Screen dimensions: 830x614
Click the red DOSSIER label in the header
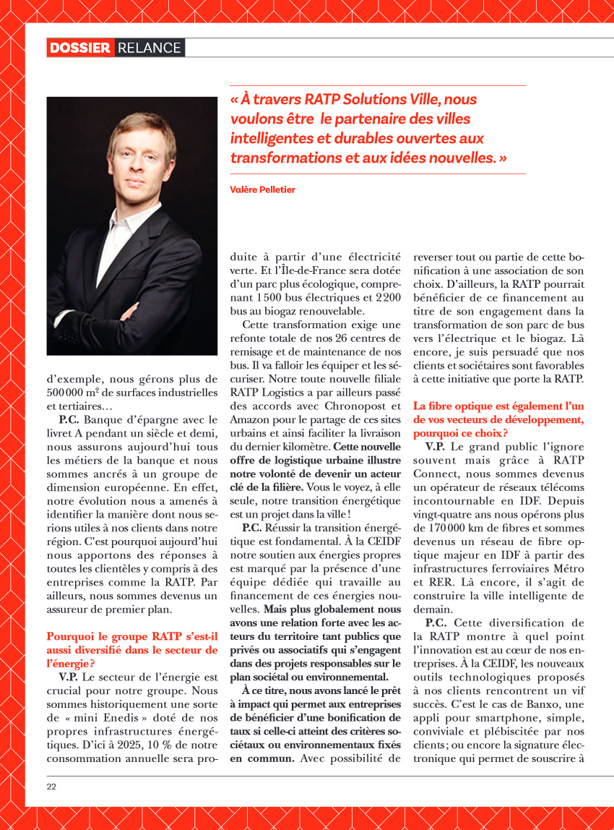pos(80,48)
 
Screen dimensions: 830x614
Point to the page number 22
pos(52,786)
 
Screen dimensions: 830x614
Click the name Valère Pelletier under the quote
pos(263,189)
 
